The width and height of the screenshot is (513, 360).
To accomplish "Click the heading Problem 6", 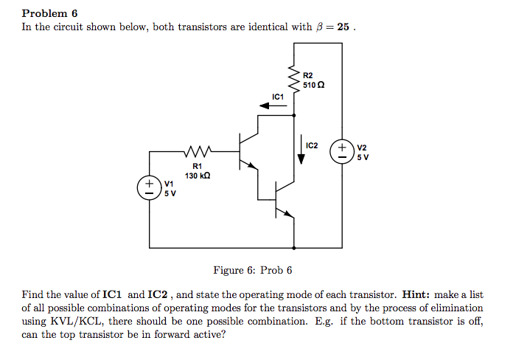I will click(49, 13).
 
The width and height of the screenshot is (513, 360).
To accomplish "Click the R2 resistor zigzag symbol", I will click(295, 77).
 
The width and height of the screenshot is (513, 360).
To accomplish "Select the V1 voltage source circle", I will click(149, 187).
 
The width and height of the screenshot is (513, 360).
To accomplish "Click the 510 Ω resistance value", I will click(313, 86).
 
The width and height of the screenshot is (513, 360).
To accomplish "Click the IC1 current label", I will click(278, 97).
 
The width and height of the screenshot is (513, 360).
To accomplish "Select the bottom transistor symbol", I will click(280, 199).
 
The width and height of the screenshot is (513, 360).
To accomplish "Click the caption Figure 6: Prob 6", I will click(252, 270).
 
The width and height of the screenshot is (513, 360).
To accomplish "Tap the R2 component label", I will click(308, 76).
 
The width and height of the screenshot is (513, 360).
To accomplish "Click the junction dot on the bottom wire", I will click(295, 247).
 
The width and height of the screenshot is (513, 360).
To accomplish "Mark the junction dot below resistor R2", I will click(295, 115).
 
